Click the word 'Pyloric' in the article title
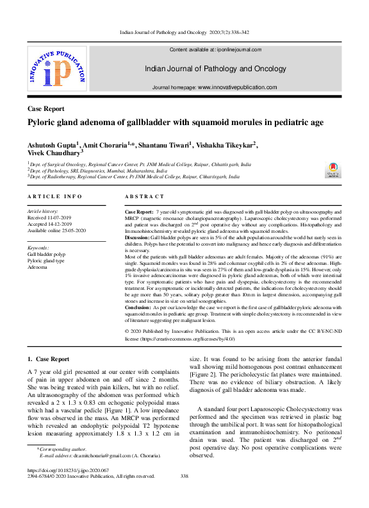pyautogui.click(x=42, y=123)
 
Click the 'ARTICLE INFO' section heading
pyautogui.click(x=54, y=196)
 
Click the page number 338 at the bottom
pyautogui.click(x=184, y=476)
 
